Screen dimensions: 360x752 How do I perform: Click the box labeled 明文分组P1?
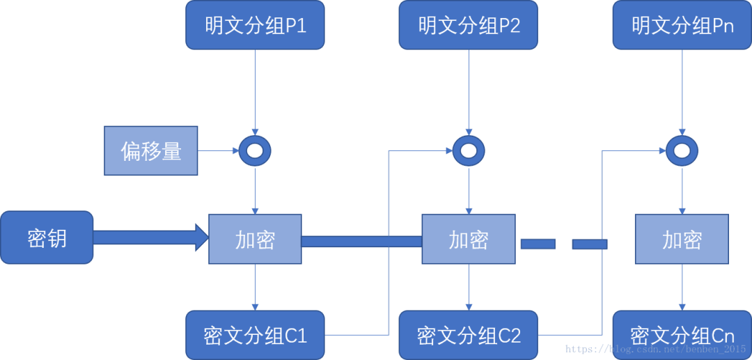[255, 26]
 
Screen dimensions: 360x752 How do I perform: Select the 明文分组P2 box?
[469, 26]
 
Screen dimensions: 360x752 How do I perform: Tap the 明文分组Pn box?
[682, 26]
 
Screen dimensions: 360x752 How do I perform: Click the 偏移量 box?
[151, 150]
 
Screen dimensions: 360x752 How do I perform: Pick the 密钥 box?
[47, 238]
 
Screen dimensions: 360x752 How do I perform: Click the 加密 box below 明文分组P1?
[255, 240]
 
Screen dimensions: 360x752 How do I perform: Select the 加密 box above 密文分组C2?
[469, 240]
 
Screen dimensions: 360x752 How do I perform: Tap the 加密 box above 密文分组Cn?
[682, 240]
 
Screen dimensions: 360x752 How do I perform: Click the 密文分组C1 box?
[255, 335]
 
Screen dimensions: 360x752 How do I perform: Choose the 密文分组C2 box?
[469, 335]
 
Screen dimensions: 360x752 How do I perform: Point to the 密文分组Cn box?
[682, 335]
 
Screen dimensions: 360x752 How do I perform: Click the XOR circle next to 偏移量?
[255, 150]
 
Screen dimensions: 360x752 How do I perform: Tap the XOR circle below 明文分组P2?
[469, 150]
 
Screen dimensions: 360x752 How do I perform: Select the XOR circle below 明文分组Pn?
[682, 150]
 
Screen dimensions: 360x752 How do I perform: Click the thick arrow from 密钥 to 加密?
[150, 239]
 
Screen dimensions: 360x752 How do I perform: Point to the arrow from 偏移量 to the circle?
[219, 150]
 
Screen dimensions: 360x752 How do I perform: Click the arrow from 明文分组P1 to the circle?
[255, 91]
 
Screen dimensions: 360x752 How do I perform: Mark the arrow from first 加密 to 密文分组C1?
[255, 287]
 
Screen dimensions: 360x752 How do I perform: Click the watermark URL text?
[655, 348]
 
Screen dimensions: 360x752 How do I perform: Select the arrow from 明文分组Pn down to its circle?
[682, 91]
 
